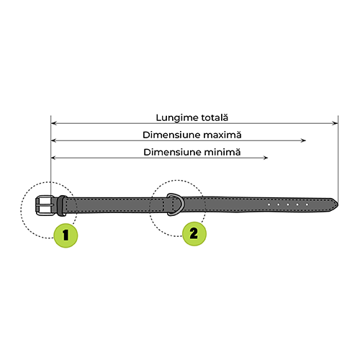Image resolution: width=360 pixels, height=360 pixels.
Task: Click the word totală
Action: tap(215, 117)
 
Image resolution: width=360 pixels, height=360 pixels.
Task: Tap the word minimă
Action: tap(222, 152)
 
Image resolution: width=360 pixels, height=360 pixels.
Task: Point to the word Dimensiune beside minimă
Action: tap(173, 152)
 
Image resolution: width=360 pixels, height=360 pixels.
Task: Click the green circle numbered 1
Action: tap(66, 235)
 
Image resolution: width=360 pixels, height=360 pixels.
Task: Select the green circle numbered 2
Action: tap(194, 233)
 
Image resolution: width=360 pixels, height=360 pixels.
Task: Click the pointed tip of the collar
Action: tap(338, 205)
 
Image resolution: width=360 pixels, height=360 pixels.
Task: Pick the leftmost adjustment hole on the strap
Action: tap(269, 204)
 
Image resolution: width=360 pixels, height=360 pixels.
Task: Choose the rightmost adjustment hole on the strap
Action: tap(307, 204)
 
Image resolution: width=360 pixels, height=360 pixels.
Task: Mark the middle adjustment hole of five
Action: tap(288, 204)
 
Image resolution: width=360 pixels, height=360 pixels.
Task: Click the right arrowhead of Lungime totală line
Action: tap(335, 123)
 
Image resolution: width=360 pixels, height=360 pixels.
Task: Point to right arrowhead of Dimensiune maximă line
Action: tap(303, 140)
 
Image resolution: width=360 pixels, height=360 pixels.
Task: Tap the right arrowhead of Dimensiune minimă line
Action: tap(265, 158)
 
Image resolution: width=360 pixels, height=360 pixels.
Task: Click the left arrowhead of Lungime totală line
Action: tap(54, 123)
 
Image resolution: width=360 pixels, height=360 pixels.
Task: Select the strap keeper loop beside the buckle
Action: tap(62, 206)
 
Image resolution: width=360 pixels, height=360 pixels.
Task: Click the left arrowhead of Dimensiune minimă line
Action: tap(54, 158)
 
